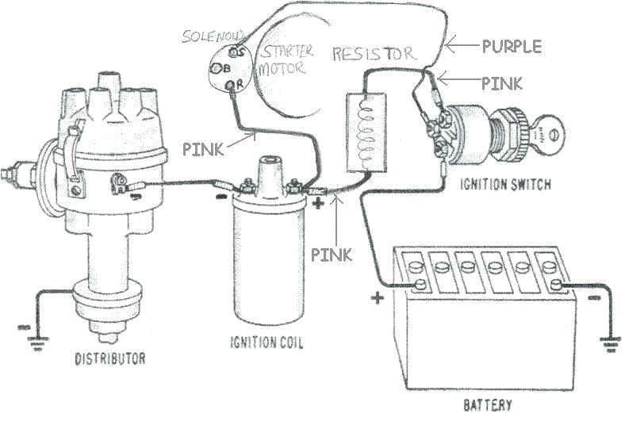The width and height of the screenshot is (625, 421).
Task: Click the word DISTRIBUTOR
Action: [110, 358]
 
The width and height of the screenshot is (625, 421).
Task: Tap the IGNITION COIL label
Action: [266, 343]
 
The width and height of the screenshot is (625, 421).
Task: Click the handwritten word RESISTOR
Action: [373, 54]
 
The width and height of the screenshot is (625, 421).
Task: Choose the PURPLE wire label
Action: [512, 46]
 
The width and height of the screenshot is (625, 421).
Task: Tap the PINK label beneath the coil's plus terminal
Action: [331, 255]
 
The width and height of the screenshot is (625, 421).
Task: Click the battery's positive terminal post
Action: [416, 284]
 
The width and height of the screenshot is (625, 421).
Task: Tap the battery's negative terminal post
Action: [556, 284]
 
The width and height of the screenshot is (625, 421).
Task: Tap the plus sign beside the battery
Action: [377, 300]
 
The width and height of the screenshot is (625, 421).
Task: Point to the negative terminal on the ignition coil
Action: [244, 189]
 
